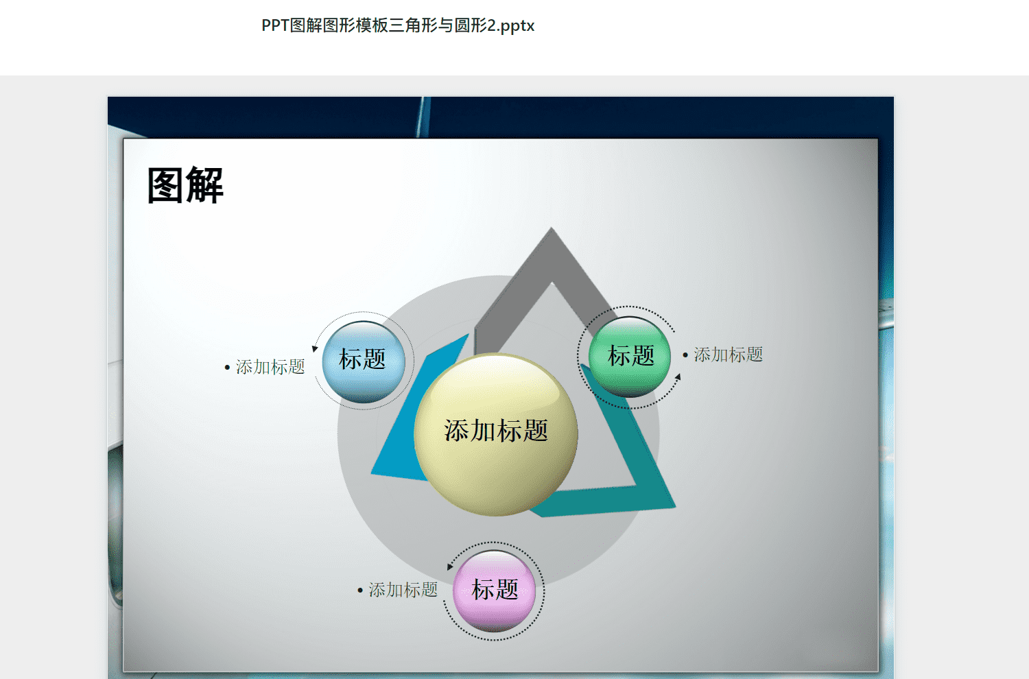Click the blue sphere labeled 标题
[364, 362]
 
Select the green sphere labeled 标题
[629, 357]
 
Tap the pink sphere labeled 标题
[495, 591]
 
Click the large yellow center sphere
[496, 434]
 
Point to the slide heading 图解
[185, 185]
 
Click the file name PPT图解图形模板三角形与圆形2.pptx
[398, 25]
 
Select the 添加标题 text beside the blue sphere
[270, 367]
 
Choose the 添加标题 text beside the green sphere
[728, 355]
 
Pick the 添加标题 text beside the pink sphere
[403, 590]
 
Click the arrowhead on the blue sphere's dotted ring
[315, 348]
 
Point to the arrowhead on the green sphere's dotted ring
[678, 377]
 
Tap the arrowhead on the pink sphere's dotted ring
[450, 567]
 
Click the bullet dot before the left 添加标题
[227, 368]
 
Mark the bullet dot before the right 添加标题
[685, 355]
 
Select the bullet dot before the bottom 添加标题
[360, 591]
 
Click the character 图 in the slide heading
[165, 185]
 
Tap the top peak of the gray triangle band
[552, 228]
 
